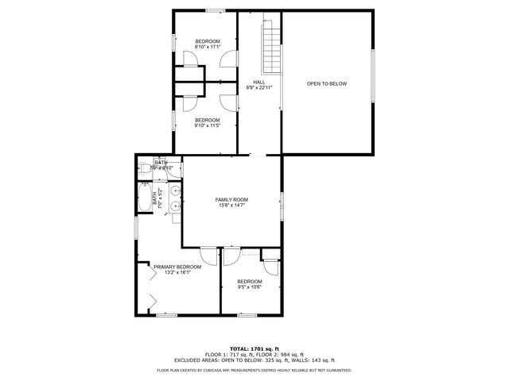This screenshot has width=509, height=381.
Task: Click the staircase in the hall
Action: tap(273, 48)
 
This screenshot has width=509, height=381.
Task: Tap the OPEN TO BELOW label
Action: tap(327, 83)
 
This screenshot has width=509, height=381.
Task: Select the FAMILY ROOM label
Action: tap(232, 199)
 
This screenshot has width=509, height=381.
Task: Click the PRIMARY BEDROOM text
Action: tap(177, 267)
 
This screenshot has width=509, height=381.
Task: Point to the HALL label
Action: tap(259, 82)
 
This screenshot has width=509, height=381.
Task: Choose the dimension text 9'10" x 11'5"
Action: tap(208, 125)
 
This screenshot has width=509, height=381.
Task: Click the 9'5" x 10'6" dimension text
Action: tap(250, 287)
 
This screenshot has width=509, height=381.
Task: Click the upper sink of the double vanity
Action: tap(173, 190)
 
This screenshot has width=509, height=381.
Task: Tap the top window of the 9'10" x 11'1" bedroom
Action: tap(214, 10)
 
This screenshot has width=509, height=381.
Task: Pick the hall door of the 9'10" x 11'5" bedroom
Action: tap(227, 102)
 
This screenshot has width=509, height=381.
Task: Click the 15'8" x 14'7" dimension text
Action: tap(232, 206)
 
